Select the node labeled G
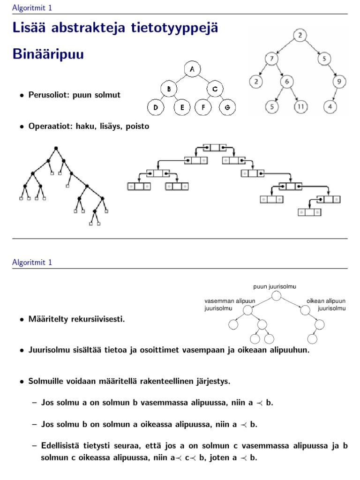[x=227, y=107]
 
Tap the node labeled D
[x=155, y=107]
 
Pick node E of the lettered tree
[x=182, y=107]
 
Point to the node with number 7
[x=271, y=59]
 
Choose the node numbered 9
[x=339, y=82]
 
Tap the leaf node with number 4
[x=330, y=106]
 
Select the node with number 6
[x=287, y=82]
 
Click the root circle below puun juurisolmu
[x=277, y=295]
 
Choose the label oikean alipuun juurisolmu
[x=326, y=305]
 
